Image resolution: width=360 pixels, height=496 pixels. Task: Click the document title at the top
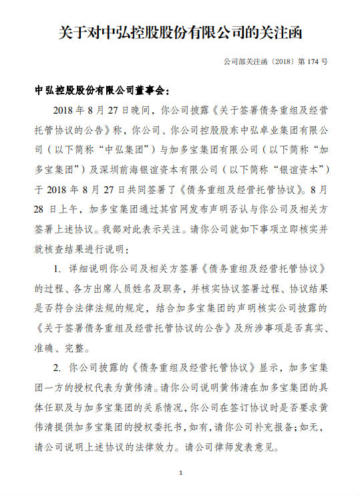tap(180, 32)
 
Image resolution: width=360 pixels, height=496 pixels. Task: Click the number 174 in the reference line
tap(309, 61)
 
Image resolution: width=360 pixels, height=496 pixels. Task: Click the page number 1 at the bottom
tap(180, 473)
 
